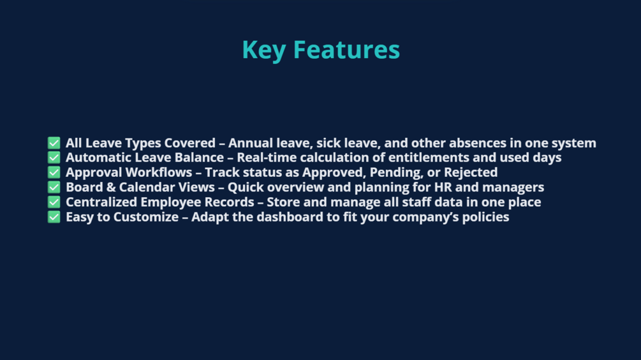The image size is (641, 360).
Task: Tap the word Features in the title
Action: click(x=347, y=50)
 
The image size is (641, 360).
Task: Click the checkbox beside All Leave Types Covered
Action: click(x=54, y=143)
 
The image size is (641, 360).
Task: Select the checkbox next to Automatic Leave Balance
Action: click(x=54, y=158)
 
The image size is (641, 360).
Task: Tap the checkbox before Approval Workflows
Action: click(x=54, y=172)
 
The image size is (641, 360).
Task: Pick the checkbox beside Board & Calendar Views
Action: click(x=54, y=187)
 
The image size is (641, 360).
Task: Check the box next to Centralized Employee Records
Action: click(x=54, y=202)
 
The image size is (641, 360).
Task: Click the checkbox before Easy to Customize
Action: click(x=54, y=217)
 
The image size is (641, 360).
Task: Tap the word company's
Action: click(x=425, y=217)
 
